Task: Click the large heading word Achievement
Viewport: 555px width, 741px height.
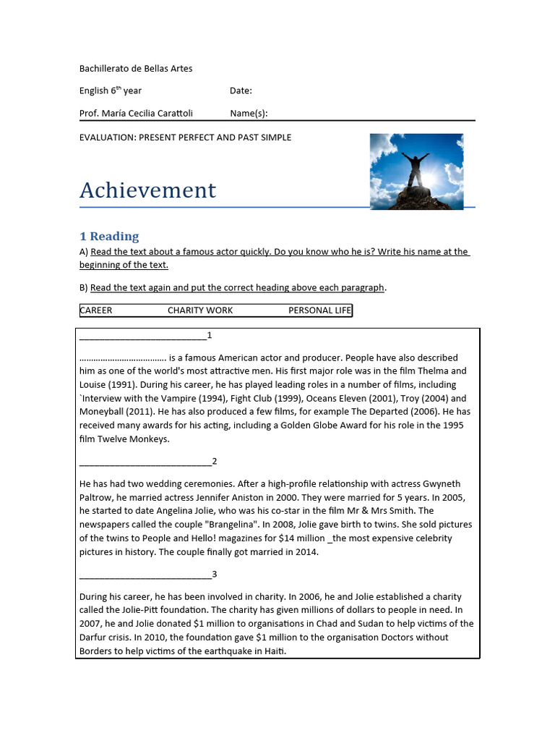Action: coord(147,190)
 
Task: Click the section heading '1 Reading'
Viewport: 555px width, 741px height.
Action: coord(109,236)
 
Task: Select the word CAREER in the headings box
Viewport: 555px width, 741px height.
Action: coord(96,310)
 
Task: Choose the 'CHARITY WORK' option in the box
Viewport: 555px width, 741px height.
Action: coord(200,310)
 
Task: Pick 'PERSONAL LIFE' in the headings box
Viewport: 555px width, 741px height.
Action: coord(319,310)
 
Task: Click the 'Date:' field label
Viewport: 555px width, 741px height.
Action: coord(241,90)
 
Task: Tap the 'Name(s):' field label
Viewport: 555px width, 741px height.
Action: coord(249,113)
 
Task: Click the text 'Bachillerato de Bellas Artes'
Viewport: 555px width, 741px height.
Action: coord(136,69)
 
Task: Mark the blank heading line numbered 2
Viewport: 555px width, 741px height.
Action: coord(145,462)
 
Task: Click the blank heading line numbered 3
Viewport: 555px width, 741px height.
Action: coord(145,575)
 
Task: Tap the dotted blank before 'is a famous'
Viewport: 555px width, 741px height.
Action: coord(122,357)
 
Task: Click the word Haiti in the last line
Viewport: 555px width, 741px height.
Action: coord(274,651)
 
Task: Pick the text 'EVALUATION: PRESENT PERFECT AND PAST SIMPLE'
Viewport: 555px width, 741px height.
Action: coord(185,137)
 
